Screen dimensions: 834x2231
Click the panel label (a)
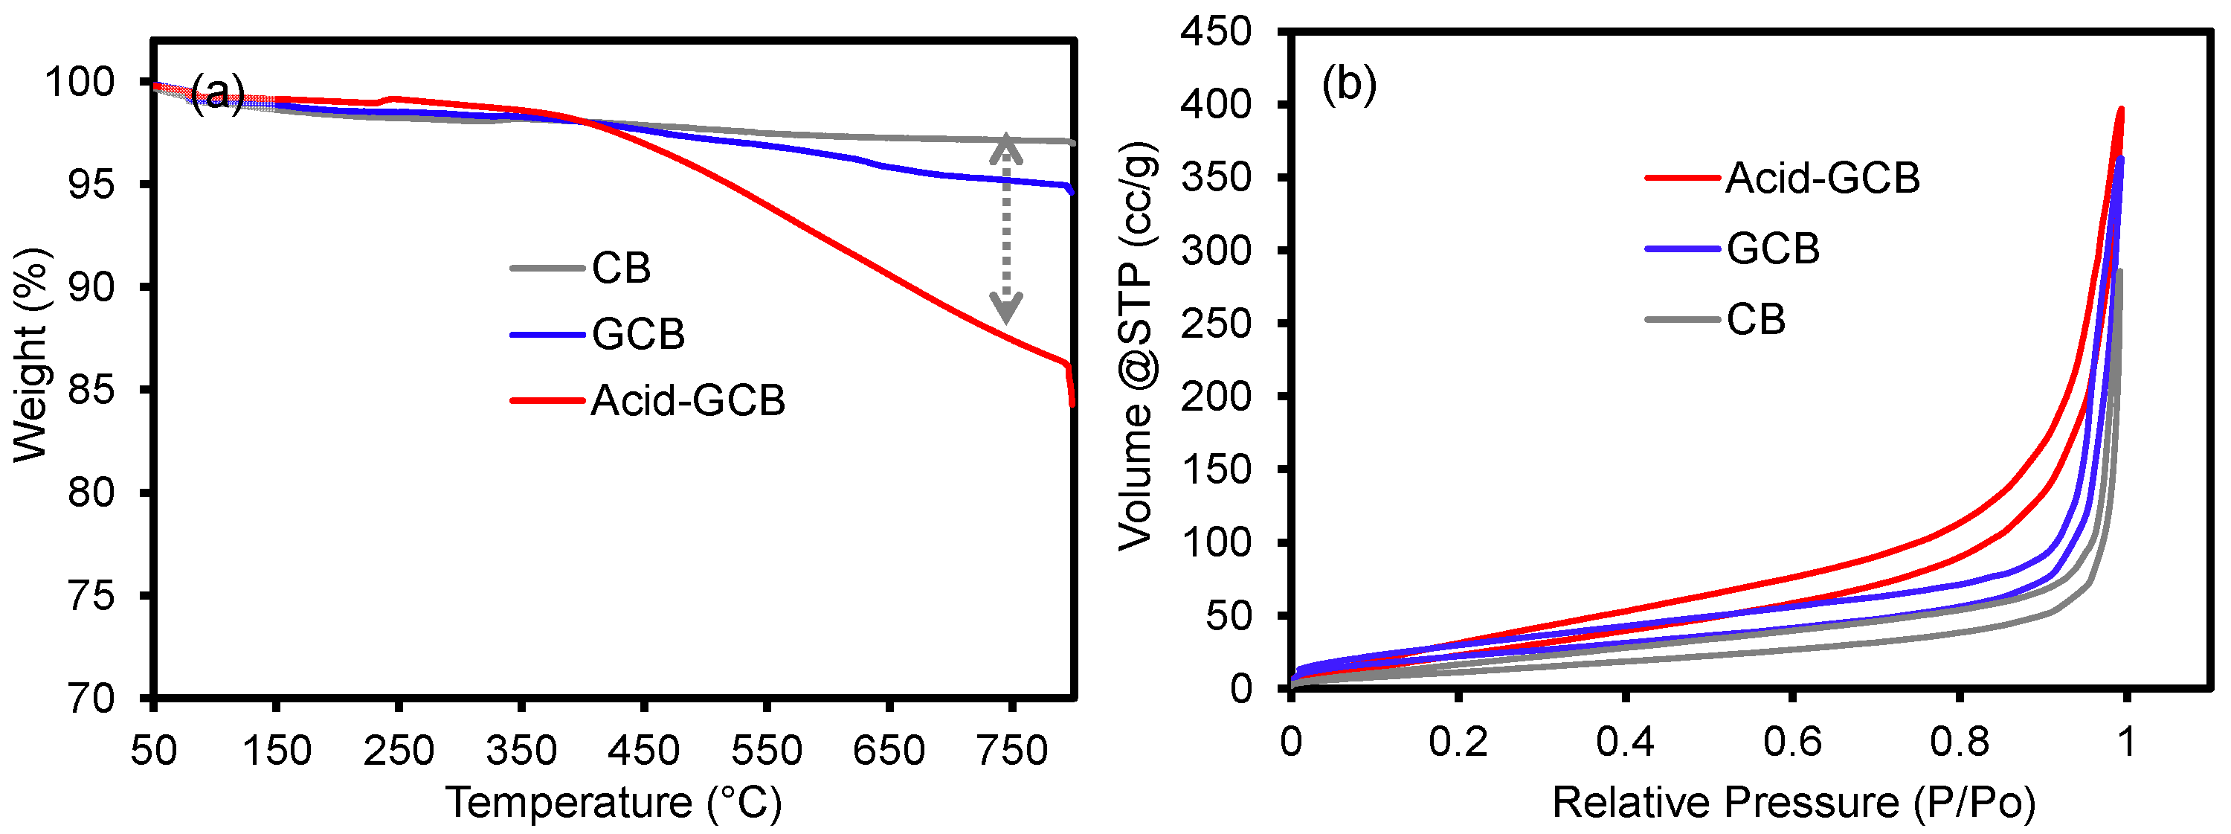pos(217,92)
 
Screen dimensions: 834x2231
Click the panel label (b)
pos(1348,84)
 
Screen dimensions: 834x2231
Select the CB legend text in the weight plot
pos(621,268)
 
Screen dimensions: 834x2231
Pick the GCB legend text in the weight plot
pos(638,334)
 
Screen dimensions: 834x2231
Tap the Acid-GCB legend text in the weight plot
pos(688,400)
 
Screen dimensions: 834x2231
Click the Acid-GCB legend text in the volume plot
pos(1822,178)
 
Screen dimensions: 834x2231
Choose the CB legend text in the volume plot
pos(1756,320)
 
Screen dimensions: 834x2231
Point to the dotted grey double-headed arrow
pos(1005,228)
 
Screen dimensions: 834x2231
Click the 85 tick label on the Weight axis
pos(91,390)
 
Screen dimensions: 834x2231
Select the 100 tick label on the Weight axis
pos(79,83)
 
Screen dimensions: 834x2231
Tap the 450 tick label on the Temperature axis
pos(643,750)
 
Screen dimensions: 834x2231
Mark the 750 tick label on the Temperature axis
pos(1011,750)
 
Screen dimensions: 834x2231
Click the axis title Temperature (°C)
pos(614,803)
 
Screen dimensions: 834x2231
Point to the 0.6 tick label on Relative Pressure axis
pos(1791,742)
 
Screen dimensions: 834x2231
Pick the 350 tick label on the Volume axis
pos(1215,178)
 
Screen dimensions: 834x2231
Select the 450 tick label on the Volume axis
pos(1215,32)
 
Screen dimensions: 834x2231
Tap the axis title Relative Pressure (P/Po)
pos(1793,803)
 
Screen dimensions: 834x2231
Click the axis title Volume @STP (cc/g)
pos(1136,347)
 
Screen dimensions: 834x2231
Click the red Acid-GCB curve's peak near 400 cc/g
pos(2121,110)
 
